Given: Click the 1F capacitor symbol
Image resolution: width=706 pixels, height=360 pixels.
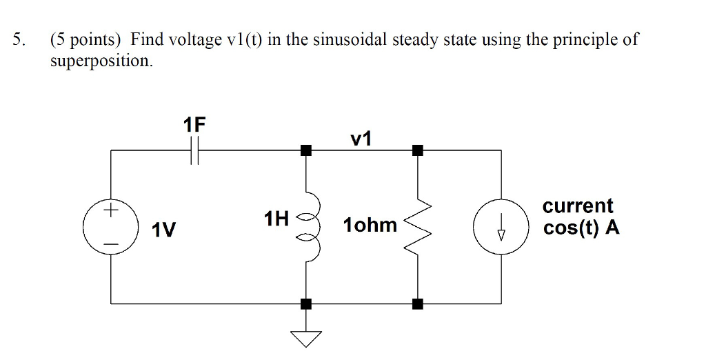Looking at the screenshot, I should (195, 149).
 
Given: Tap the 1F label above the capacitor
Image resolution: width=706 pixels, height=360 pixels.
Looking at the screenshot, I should (195, 125).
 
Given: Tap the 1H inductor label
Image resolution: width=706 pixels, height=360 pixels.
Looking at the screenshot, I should (276, 220).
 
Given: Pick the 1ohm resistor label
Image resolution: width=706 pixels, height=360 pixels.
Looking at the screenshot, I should (370, 226).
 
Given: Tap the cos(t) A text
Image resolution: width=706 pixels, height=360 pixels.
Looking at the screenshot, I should (581, 228).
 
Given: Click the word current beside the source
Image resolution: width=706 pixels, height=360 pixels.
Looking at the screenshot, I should (578, 206).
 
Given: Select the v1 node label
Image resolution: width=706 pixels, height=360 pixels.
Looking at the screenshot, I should (361, 139).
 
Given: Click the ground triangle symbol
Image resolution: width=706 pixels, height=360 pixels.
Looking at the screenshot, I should (306, 337).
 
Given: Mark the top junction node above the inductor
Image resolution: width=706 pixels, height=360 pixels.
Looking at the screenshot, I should (306, 149).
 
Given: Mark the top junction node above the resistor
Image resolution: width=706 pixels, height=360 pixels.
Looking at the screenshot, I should (417, 149).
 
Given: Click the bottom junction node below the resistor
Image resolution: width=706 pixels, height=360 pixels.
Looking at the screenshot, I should (417, 303).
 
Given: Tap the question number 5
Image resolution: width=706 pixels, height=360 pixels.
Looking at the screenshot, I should (19, 39).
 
